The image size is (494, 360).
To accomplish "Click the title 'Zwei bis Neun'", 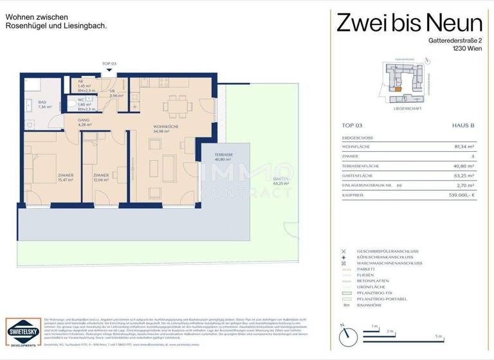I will (x=409, y=24).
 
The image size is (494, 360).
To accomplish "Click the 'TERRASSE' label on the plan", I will (x=224, y=156).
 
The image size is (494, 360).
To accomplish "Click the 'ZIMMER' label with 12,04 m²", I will (x=100, y=175).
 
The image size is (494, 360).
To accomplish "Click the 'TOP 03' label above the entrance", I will (x=109, y=64).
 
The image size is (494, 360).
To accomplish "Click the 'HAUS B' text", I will (x=462, y=127).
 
